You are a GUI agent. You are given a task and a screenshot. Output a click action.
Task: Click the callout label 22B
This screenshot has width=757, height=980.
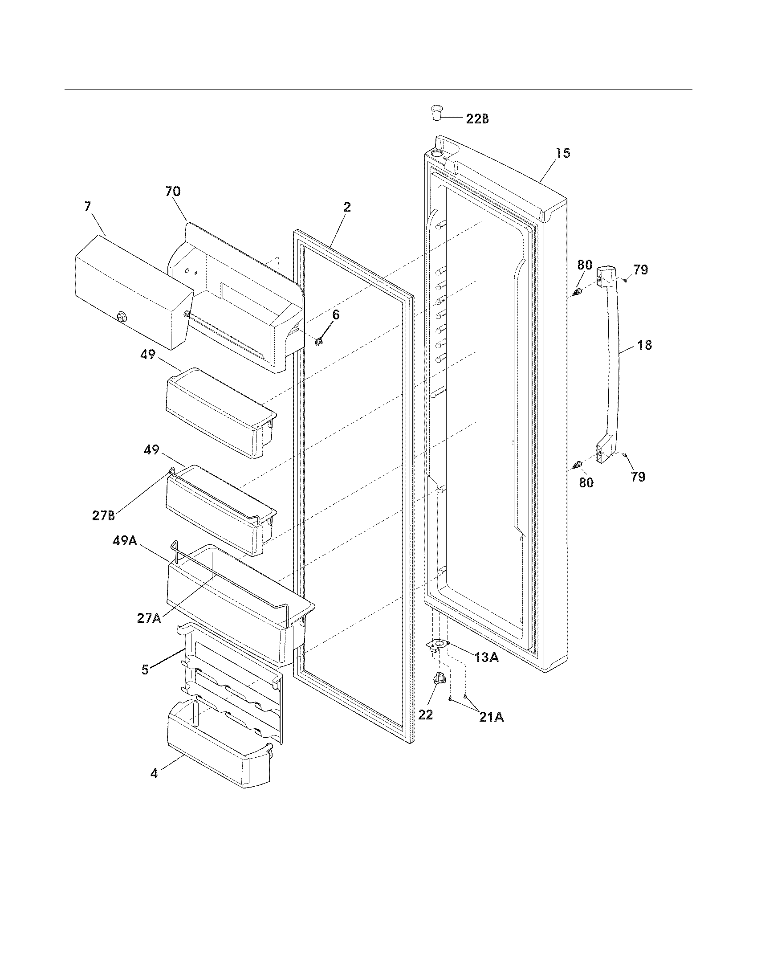477,119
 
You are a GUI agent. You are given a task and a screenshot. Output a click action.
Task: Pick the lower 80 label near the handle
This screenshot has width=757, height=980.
586,483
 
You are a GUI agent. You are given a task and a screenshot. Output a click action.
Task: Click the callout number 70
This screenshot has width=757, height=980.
173,192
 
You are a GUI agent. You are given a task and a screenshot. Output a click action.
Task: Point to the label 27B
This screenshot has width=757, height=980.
103,515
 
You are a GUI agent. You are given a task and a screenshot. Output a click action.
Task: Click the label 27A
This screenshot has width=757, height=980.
149,618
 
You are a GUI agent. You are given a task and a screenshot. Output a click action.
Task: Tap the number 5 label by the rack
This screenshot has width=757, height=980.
145,670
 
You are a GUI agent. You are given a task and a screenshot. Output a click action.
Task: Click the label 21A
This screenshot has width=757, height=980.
491,718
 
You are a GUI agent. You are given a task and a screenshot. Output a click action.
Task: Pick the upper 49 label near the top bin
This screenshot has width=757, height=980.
147,355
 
